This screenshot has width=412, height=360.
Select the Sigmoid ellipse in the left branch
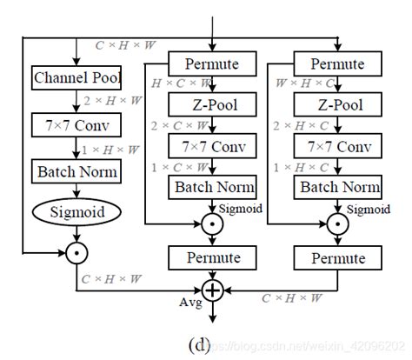click(77, 211)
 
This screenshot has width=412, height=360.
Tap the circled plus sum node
click(212, 291)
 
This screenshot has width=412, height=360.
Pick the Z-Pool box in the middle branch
click(210, 105)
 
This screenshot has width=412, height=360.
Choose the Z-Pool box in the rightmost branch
click(336, 105)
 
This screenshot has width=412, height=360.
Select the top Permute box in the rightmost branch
click(336, 63)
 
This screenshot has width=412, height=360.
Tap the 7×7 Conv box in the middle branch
click(211, 146)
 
